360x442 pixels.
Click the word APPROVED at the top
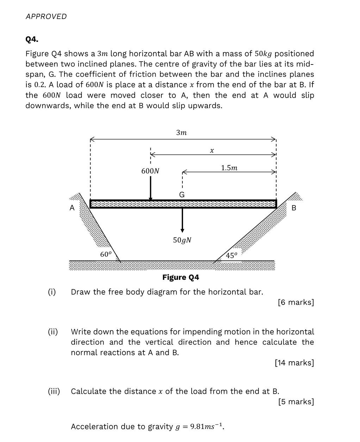pos(46,17)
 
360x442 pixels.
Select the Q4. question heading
pos(32,39)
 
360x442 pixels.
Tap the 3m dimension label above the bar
pos(181,133)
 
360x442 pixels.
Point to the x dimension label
pos(212,151)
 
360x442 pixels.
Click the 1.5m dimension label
pos(229,168)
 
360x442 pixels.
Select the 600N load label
pos(150,171)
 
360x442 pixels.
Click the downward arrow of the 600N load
pos(151,189)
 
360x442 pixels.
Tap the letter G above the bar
pos(182,195)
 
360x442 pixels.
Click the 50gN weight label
pos(182,240)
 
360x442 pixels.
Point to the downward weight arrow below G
pos(182,220)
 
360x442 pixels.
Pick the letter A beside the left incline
pos(72,208)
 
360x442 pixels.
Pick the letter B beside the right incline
pos(294,208)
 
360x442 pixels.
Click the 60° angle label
pos(106,254)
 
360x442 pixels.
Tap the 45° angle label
pos(231,256)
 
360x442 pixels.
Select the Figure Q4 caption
pos(180,277)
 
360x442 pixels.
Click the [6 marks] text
pos(296,302)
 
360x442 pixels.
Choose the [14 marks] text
pos(294,363)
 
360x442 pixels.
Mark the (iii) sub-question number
pos(54,391)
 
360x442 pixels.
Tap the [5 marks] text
pos(296,402)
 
